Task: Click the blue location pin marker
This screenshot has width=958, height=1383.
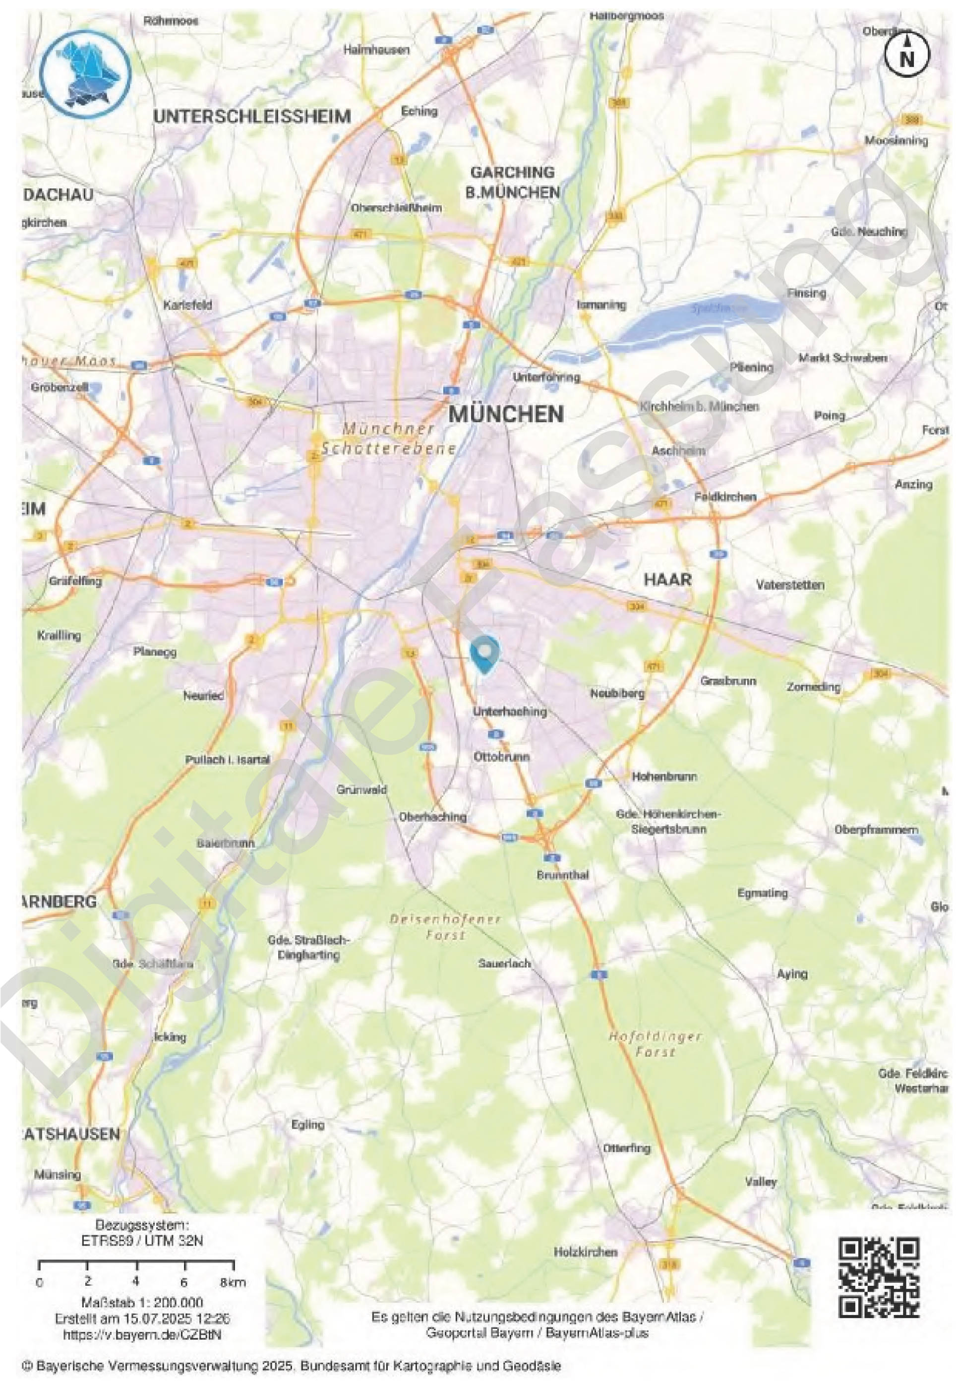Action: click(x=484, y=654)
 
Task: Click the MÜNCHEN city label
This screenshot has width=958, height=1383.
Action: click(x=506, y=414)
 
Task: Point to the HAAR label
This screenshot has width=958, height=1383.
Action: click(x=667, y=579)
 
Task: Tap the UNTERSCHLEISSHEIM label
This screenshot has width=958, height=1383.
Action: click(x=252, y=116)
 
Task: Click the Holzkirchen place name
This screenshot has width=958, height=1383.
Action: click(x=585, y=1252)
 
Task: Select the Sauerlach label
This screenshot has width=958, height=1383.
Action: click(x=504, y=963)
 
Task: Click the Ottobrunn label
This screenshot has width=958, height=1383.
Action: click(x=501, y=756)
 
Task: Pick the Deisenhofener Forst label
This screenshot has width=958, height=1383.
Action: click(x=445, y=927)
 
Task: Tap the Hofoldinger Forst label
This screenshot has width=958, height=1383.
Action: click(x=656, y=1044)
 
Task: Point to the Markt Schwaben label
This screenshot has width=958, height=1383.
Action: click(x=842, y=358)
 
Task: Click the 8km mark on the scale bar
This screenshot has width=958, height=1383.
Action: click(x=233, y=1283)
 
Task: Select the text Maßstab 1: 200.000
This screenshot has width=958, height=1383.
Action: click(x=142, y=1303)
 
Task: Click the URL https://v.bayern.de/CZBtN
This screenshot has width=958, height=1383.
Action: click(x=142, y=1334)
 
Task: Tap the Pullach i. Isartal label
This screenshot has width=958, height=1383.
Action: click(x=228, y=759)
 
